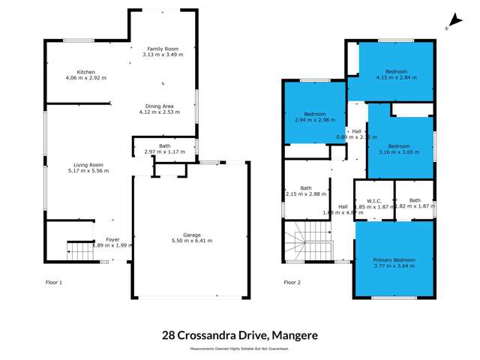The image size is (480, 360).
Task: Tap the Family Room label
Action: [x=163, y=49]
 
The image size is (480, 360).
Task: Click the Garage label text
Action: [x=192, y=235]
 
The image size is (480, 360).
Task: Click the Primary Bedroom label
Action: [x=394, y=259]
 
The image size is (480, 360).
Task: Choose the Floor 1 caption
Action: [x=54, y=282]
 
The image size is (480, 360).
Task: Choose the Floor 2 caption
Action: [x=292, y=282]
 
